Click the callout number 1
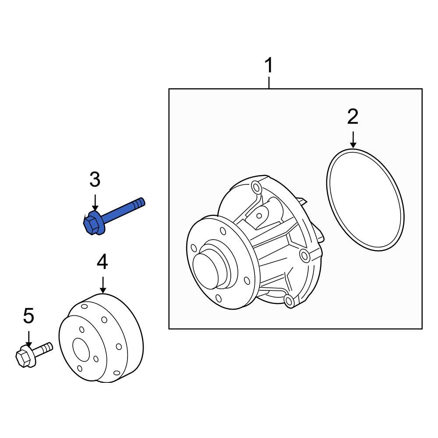click(x=268, y=67)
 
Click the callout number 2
click(x=353, y=117)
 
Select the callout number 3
click(x=95, y=180)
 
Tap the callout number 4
click(x=102, y=262)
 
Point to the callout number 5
click(x=28, y=316)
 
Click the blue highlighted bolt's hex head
click(x=91, y=223)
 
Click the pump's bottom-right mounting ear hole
click(x=288, y=300)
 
